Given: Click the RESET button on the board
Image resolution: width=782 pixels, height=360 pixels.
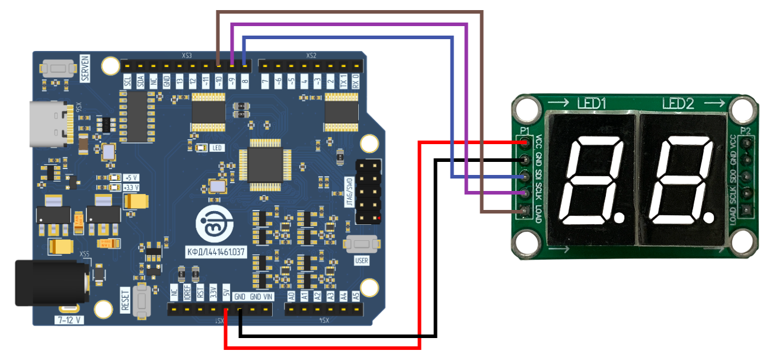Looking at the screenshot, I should click(x=142, y=300).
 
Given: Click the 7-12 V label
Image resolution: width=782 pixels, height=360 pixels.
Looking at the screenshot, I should click(x=70, y=320).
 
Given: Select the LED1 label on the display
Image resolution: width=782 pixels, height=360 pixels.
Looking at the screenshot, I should click(x=591, y=104).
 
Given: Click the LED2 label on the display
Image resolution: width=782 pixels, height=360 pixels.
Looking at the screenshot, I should click(x=678, y=104).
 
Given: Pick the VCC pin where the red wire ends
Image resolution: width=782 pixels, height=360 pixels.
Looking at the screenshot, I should click(x=524, y=143).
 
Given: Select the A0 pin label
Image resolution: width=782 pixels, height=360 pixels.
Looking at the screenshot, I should click(x=291, y=295).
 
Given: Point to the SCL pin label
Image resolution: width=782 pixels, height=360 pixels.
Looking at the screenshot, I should click(x=127, y=81).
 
